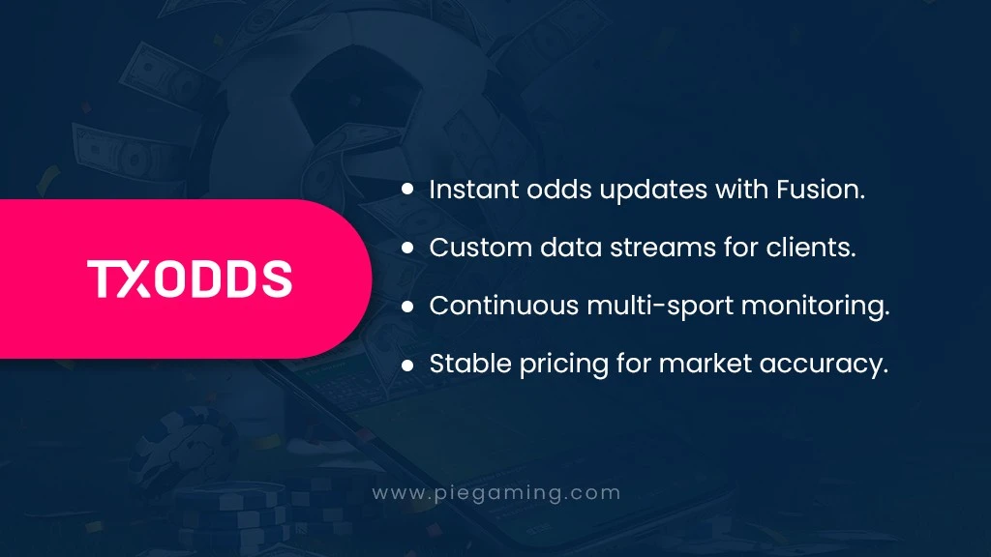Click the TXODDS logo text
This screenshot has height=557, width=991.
190,278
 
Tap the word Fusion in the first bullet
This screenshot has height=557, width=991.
821,190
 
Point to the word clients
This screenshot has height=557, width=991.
811,247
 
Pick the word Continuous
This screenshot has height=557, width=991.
503,306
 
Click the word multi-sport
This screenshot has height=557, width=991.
660,308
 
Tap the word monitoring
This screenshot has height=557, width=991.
815,308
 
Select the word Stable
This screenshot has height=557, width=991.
470,364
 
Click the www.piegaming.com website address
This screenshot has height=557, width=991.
496,493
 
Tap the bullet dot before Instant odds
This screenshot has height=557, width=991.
407,189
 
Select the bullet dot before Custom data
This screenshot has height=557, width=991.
407,248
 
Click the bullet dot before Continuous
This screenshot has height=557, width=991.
407,307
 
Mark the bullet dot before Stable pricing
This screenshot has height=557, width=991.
407,365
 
